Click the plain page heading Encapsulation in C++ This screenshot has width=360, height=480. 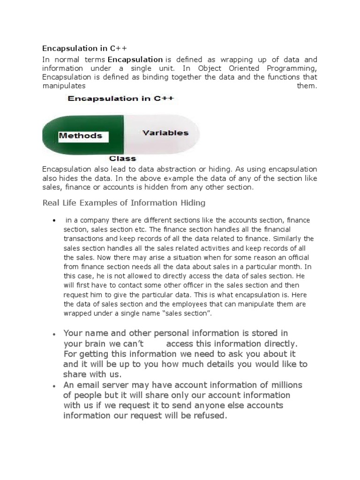85,48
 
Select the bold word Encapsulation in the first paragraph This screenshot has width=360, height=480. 135,60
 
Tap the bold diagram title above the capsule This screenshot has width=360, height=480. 121,98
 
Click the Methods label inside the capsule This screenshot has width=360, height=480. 80,136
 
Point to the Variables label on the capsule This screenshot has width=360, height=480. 165,133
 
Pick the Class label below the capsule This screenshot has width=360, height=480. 122,158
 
